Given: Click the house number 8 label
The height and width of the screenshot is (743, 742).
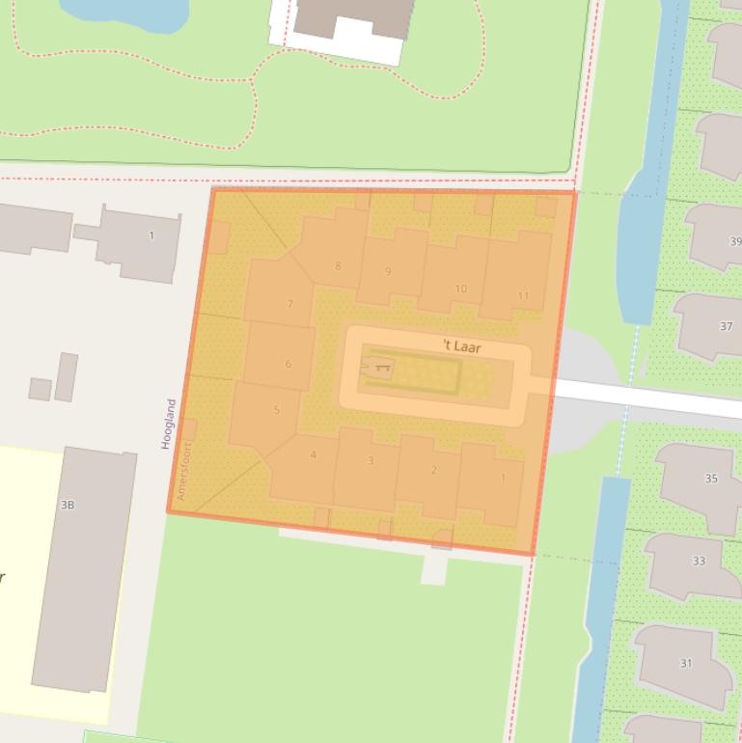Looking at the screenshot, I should pos(338,266).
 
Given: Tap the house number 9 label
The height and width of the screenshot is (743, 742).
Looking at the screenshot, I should pos(388,271).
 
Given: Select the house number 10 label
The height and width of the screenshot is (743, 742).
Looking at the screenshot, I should pos(460,289).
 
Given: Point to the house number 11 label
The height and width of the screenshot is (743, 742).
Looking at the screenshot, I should pos(523,296).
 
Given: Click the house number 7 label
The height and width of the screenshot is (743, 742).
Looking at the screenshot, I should pos(289,304).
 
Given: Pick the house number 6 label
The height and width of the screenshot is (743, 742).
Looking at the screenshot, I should pos(288,364).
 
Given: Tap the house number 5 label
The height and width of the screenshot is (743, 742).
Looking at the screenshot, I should pos(276,409).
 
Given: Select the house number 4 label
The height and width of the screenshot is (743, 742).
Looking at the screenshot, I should pos(313,454).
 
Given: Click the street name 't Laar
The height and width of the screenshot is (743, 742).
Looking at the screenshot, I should pos(461,346).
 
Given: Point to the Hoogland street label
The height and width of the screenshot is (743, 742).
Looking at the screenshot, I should pos(170,424).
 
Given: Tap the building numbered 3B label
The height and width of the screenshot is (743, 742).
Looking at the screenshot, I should pos(68,505).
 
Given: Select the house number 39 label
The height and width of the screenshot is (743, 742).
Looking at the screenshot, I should pos(736,241).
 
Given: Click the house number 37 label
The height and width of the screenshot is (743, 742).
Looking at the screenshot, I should pos(726,326).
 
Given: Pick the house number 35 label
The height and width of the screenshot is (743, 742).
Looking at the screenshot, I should pos(711,479).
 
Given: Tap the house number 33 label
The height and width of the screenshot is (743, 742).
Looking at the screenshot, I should pos(699,561).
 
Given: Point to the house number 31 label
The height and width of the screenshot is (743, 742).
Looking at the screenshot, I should pos(686,663).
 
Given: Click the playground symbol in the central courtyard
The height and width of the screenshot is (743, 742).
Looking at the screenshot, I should pos(378,368).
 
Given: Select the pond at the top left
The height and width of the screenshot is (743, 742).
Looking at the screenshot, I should pos(125,10).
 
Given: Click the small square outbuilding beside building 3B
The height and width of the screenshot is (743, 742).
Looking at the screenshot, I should pos(40,389).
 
